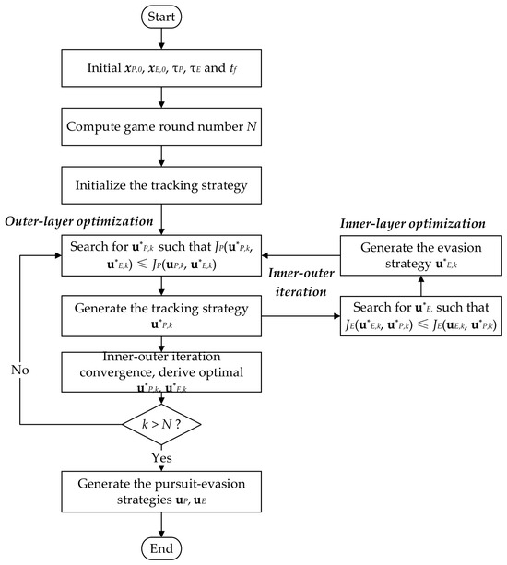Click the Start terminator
pyautogui.click(x=161, y=17)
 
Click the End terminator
pyautogui.click(x=161, y=548)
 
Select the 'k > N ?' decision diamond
pyautogui.click(x=161, y=424)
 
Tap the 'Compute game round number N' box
pyautogui.click(x=161, y=126)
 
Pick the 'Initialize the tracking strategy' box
pyautogui.click(x=161, y=185)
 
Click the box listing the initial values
pyautogui.click(x=161, y=67)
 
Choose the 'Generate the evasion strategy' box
pyautogui.click(x=421, y=255)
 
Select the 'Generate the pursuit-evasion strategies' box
pyautogui.click(x=161, y=491)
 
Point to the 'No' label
pyautogui.click(x=19, y=370)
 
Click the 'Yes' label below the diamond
pyautogui.click(x=161, y=457)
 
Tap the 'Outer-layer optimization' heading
pyautogui.click(x=79, y=221)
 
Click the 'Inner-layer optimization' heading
pyautogui.click(x=413, y=223)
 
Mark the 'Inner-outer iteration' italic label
pyautogui.click(x=301, y=282)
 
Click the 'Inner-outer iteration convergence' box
pyautogui.click(x=161, y=371)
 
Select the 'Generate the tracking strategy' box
pyautogui.click(x=161, y=316)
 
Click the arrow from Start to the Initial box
pyautogui.click(x=161, y=39)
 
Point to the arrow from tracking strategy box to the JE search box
pyautogui.click(x=301, y=316)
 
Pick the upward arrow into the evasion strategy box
pyautogui.click(x=421, y=286)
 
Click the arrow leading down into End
pyautogui.click(x=161, y=524)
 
